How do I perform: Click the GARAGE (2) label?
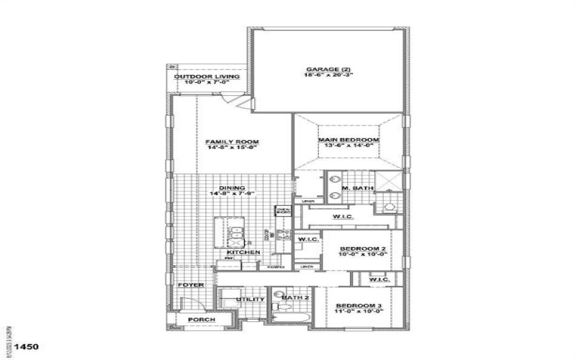[328, 69]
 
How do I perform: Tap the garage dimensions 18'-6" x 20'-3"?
[328, 76]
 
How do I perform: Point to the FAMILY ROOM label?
[232, 141]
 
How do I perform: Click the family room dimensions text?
[232, 148]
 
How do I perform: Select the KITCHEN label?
[243, 253]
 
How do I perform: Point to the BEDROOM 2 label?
[363, 249]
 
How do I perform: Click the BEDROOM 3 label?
[358, 306]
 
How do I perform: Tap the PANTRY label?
[274, 267]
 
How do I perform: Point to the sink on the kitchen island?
[235, 232]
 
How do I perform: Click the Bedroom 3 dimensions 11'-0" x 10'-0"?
[358, 312]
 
